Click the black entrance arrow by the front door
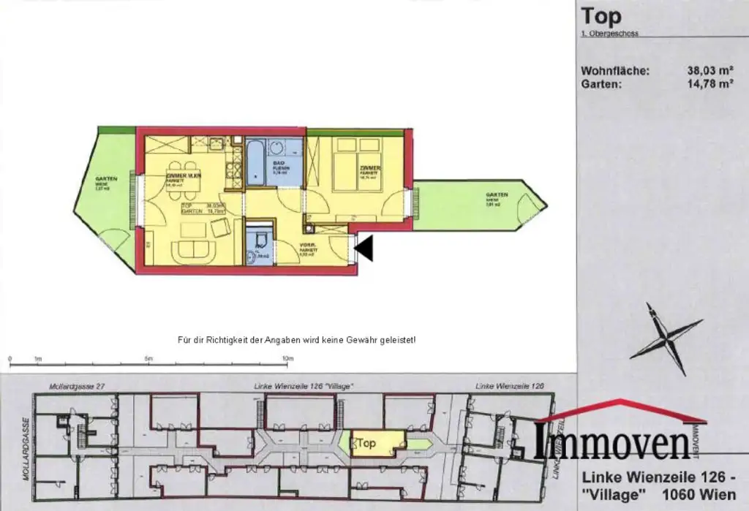(x=365, y=249)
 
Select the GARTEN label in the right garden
(x=497, y=195)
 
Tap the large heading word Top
(x=601, y=17)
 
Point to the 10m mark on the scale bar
(x=287, y=359)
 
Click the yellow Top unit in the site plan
(x=377, y=443)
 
